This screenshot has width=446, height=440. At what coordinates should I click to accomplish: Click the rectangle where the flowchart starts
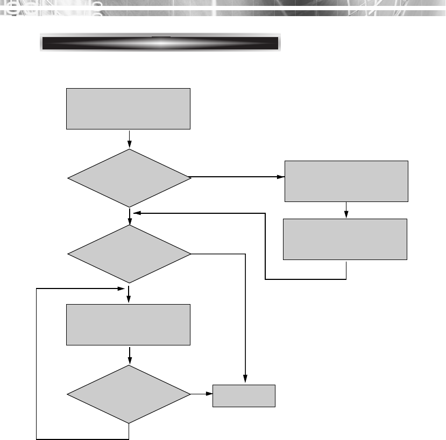pos(128,109)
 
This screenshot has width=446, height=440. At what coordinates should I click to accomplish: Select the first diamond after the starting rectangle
pos(129,177)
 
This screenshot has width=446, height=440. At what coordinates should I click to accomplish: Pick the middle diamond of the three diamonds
pos(129,253)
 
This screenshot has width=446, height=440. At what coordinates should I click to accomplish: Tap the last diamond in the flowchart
pos(129,394)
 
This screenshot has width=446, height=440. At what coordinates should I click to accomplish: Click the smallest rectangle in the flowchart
pos(244,396)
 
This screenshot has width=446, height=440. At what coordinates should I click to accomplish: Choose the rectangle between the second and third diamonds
pos(128,324)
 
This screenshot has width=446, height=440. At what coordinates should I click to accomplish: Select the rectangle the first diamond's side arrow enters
pos(346,181)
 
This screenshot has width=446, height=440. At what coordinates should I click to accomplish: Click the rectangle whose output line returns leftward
pos(345,239)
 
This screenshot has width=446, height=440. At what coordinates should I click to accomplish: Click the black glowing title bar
pos(160,44)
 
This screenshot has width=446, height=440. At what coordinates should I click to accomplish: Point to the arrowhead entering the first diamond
pos(130,145)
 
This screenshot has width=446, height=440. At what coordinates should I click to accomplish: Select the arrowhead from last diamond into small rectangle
pos(209,395)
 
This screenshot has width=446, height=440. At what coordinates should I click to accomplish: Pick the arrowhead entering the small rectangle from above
pos(245,380)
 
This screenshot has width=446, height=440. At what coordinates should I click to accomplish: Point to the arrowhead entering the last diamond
pos(130,362)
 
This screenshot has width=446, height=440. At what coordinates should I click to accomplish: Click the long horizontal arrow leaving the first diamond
pos(237,176)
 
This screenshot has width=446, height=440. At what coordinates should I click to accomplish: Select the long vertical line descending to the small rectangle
pos(245,317)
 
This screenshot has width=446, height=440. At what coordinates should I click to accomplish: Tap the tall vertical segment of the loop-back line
pos(36,363)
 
